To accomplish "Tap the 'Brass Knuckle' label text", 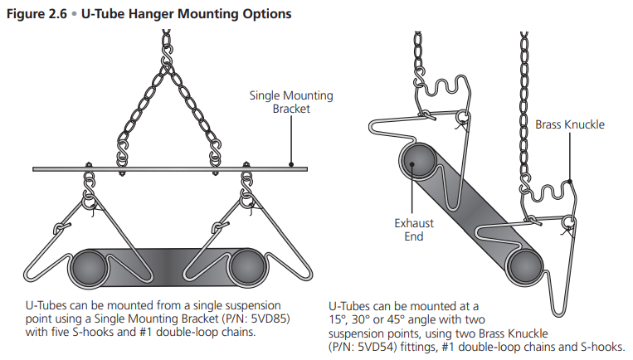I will point(569,125).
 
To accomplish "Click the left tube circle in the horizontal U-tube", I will point(89,267).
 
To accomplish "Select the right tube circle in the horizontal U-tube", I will point(246,267).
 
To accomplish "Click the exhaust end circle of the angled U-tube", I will point(419,163).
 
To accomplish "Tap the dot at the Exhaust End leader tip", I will point(410,164).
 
